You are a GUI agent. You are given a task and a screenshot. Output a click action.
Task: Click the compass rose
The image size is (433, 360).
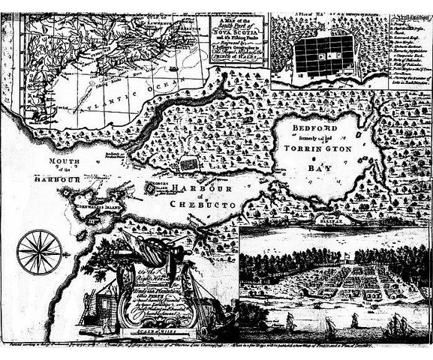click(x=38, y=250)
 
